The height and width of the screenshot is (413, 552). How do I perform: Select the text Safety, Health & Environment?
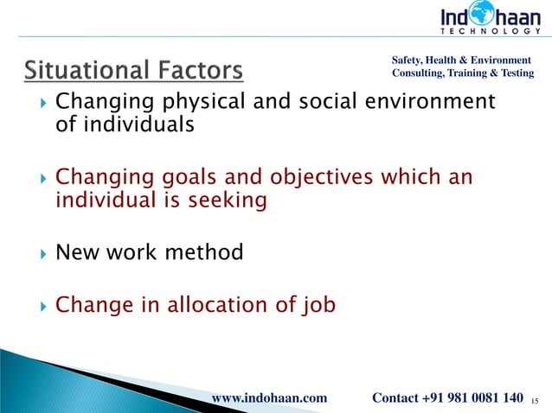tap(461, 60)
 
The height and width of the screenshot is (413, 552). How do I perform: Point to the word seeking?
tap(221, 200)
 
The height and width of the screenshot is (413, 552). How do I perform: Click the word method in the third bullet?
tap(202, 253)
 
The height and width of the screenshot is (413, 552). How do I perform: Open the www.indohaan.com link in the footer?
tap(269, 397)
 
